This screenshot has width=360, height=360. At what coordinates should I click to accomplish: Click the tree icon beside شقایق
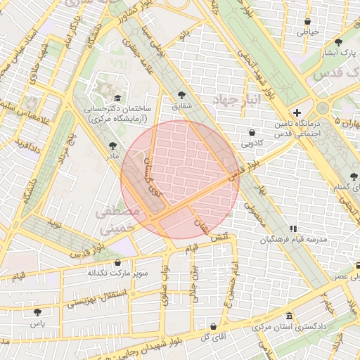click(183, 95)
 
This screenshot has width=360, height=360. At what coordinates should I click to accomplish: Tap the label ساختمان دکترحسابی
click(115, 110)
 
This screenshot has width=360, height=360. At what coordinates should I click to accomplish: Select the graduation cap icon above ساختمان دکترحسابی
click(117, 98)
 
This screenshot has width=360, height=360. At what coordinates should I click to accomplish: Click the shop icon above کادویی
click(252, 131)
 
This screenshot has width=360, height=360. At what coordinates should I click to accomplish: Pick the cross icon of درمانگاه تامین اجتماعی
click(297, 112)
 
